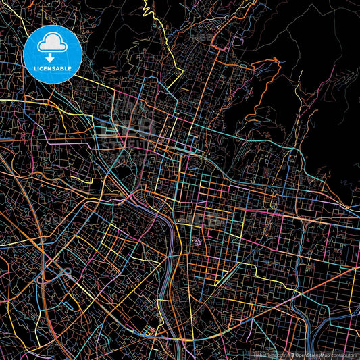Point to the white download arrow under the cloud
tap(51, 57)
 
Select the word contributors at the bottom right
tap(344, 354)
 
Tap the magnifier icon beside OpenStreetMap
tap(291, 354)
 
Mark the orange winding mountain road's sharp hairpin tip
tap(278, 60)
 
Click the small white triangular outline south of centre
tap(197, 241)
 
